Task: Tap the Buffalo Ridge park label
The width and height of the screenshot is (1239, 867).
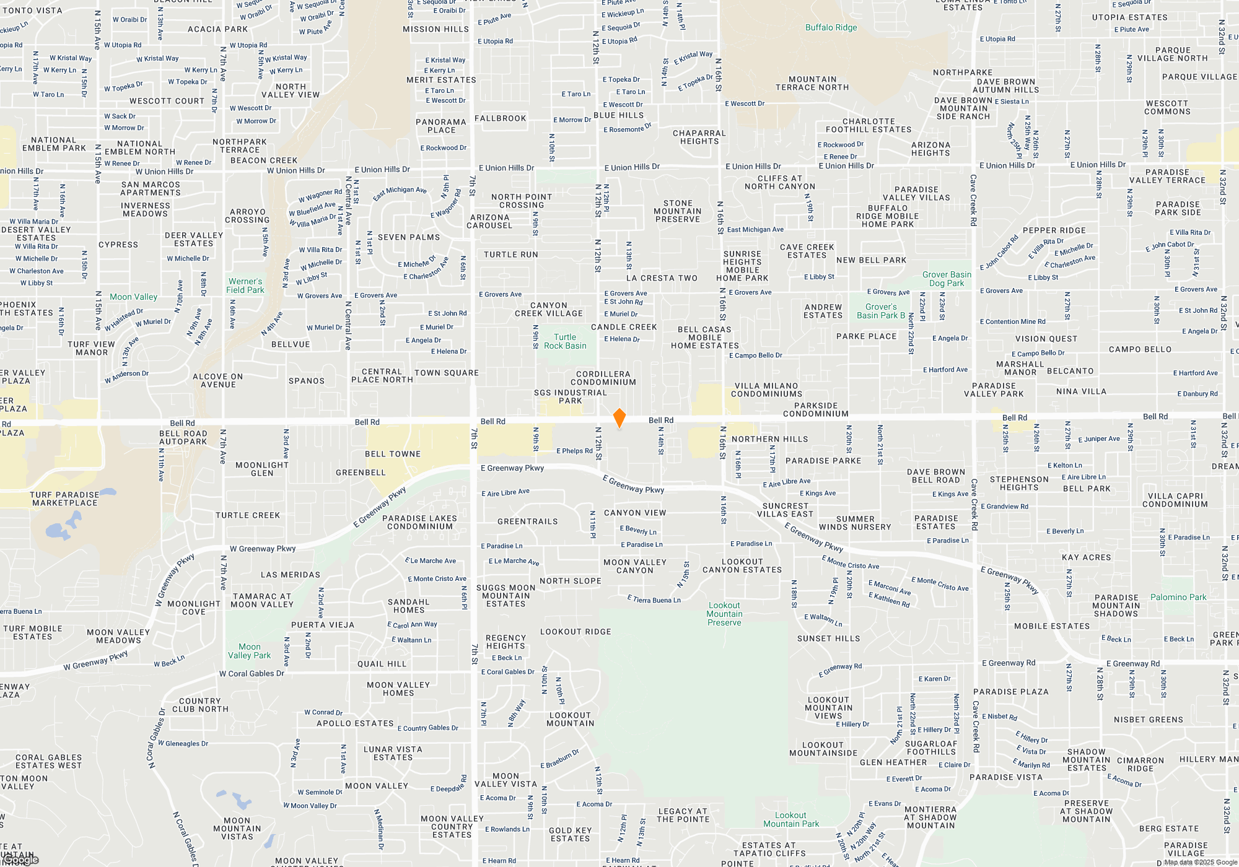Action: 831,27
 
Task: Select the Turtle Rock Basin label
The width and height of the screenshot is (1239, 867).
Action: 565,342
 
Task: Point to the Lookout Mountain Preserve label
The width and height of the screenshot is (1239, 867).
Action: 724,614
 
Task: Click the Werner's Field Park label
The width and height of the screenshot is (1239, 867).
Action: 245,285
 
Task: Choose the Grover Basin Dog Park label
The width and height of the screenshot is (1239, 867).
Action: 947,279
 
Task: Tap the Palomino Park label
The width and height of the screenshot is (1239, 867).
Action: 1178,597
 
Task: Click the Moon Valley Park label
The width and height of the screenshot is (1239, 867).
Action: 249,651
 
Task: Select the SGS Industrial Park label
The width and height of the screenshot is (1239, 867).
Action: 571,396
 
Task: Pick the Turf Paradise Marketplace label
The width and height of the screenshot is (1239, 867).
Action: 64,499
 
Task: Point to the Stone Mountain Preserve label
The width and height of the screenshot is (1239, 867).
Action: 678,211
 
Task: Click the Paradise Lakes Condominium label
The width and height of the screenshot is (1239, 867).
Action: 419,522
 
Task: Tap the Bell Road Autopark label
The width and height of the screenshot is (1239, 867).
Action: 183,437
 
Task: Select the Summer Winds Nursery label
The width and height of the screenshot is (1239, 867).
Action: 855,523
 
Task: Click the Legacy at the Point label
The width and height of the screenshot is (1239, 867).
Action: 683,815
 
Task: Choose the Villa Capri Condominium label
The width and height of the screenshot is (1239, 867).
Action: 1175,500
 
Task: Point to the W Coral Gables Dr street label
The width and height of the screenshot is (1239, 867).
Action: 252,673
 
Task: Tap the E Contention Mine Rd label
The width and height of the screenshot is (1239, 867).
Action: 1012,321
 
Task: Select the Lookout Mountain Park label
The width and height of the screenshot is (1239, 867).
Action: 790,819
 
